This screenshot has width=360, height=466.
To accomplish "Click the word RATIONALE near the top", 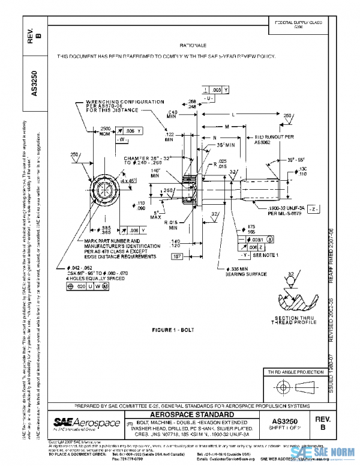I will (193, 46).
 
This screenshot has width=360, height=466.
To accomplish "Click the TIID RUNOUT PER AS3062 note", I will (268, 139).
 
